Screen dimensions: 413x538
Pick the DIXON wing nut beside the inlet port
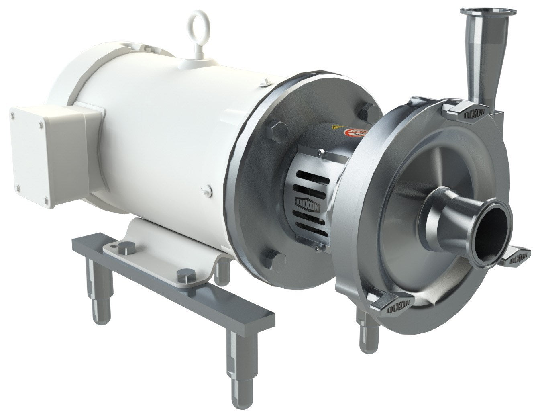click(x=518, y=257)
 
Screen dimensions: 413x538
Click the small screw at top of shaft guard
click(x=320, y=152)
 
